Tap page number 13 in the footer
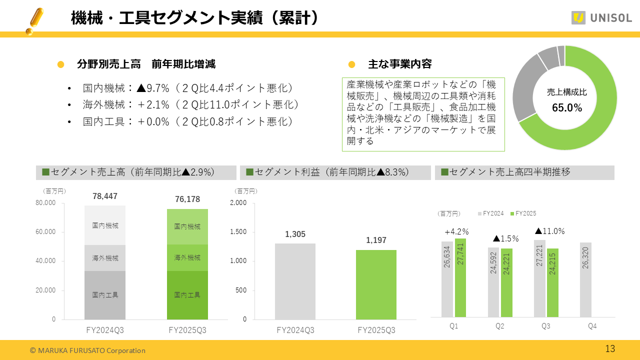(610, 348)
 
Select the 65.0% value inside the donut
(567, 107)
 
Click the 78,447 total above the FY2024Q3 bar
(105, 196)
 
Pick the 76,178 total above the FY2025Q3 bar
(187, 199)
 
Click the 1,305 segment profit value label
(295, 234)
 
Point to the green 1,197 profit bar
(376, 284)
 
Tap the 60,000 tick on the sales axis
(45, 232)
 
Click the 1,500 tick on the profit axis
(238, 232)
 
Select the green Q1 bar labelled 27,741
(460, 277)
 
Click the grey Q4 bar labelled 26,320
(586, 279)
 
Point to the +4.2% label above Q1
(456, 231)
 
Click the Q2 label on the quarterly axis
(499, 326)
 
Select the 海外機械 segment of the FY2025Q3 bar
(187, 258)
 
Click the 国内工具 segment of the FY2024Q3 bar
(105, 295)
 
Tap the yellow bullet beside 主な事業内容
(351, 64)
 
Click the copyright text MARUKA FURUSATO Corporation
(88, 350)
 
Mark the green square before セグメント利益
(249, 172)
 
